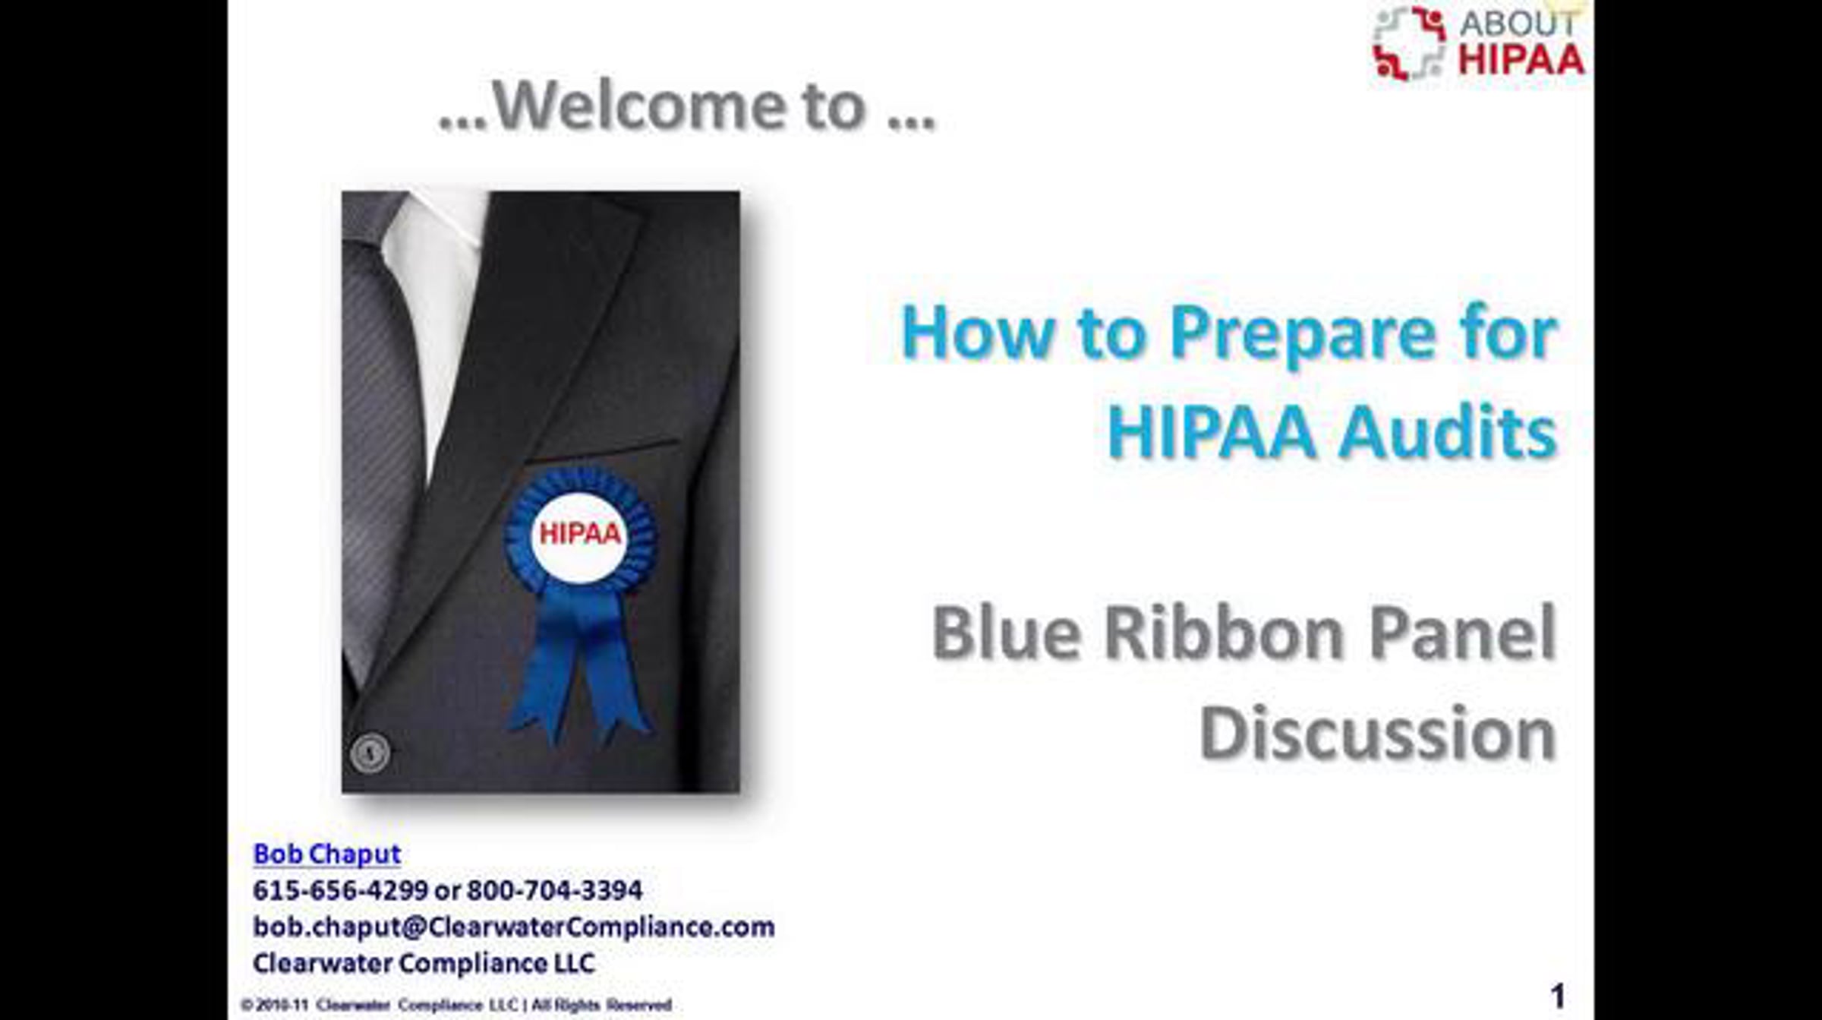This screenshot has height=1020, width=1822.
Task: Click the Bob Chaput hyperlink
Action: tap(326, 854)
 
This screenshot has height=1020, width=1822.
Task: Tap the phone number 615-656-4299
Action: tap(341, 890)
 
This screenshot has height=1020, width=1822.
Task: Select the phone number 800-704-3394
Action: tap(554, 890)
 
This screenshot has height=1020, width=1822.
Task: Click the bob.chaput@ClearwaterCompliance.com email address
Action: tap(514, 927)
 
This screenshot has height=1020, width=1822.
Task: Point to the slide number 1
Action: tap(1557, 996)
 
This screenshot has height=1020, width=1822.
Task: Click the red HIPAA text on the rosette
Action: tap(580, 534)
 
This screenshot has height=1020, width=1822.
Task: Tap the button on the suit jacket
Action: tap(370, 753)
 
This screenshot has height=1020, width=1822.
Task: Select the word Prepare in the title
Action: tap(1303, 334)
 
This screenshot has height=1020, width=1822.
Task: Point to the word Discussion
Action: tap(1378, 732)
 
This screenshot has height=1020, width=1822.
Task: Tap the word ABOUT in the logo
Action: tap(1518, 24)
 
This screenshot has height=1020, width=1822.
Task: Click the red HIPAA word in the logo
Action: tap(1521, 60)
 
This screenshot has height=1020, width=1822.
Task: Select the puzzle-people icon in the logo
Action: tap(1409, 43)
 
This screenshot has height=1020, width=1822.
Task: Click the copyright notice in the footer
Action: tap(455, 1005)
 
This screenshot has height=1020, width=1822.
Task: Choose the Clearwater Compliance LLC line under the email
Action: tap(424, 963)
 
